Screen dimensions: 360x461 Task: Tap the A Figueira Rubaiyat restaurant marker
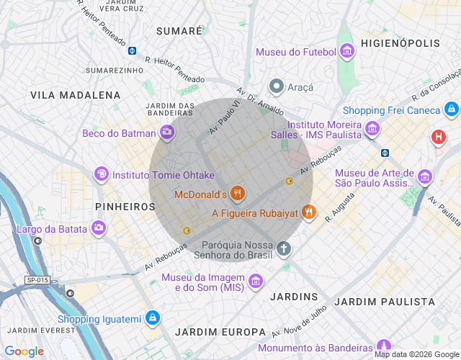(309, 212)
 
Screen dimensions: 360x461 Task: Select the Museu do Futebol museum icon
(346, 51)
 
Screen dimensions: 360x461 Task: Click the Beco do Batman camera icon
(167, 132)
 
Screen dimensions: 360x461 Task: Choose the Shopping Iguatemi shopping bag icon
(153, 318)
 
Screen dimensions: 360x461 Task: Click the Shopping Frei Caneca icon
(451, 109)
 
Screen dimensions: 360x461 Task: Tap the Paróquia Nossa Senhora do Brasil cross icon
(284, 249)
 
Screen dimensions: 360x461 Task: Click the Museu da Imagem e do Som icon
(255, 280)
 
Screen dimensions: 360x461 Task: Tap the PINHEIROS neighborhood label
(125, 207)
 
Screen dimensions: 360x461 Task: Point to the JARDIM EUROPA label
(220, 332)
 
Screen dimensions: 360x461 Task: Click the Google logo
(24, 351)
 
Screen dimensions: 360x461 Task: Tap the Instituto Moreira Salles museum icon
(372, 129)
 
